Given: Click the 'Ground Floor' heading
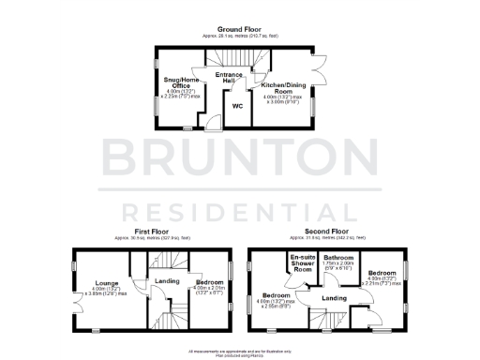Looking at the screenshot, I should coord(239,28).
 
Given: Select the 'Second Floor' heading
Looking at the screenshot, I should coord(326,230).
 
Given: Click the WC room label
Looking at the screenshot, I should coord(237,106).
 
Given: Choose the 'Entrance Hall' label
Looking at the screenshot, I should coord(230,77).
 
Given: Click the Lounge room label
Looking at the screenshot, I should coord(106,281).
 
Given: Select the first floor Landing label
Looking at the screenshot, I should coord(167,280).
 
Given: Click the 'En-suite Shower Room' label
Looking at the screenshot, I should coord(303,263).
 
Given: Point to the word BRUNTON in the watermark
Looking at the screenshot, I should coord(239,155).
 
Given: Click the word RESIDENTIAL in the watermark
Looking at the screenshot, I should coord(239,207).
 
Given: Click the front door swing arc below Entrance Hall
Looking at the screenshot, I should coord(215,120).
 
